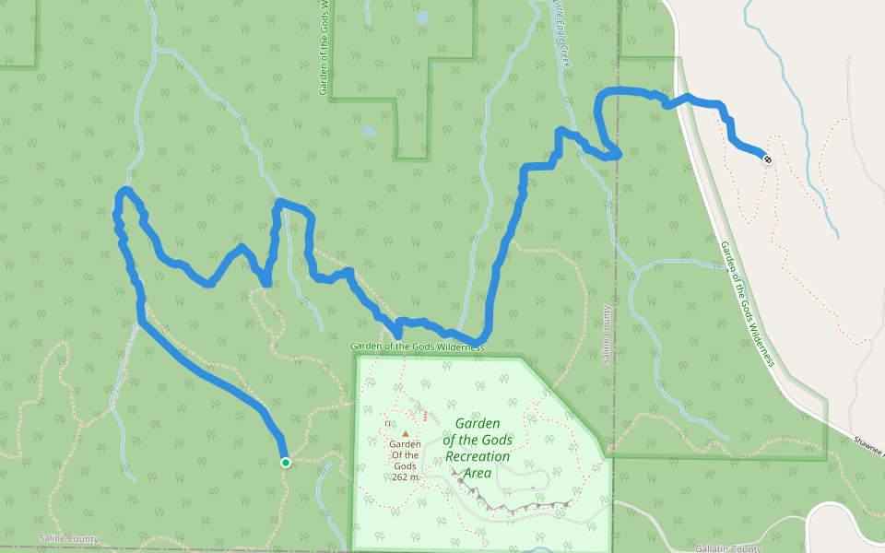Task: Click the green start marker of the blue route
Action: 286,462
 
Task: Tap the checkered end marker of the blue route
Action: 767,159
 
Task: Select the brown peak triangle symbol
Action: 405,433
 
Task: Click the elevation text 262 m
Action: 405,477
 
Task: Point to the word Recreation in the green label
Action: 478,456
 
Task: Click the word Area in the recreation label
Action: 477,473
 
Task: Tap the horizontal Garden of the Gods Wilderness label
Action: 417,347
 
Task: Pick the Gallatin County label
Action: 728,549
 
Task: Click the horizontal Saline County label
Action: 68,538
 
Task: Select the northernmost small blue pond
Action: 422,17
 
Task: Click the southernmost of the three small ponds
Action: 370,131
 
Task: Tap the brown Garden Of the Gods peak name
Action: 405,454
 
